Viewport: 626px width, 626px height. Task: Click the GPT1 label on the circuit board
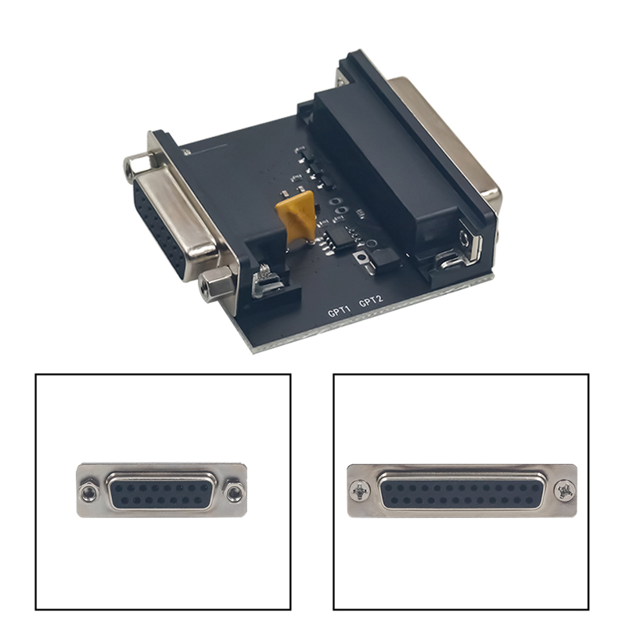339,311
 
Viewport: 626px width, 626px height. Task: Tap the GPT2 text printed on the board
371,300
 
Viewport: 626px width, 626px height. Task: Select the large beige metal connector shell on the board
447,135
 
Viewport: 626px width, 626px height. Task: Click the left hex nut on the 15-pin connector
88,493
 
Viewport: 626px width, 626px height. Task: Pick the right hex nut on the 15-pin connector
233,493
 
